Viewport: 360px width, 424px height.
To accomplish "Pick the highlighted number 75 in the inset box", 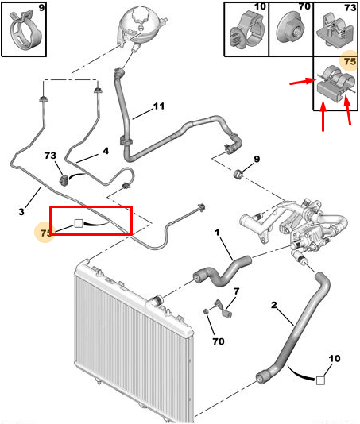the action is click(349, 61).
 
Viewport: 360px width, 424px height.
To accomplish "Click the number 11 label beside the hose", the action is click(159, 106).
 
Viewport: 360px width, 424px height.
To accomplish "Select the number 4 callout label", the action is click(106, 151).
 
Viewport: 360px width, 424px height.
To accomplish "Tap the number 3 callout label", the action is click(21, 211).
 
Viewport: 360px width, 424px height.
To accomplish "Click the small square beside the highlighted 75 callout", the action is click(79, 223).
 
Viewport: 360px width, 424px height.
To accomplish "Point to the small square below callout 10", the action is click(320, 380).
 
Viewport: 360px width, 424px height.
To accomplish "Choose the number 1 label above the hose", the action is click(217, 233).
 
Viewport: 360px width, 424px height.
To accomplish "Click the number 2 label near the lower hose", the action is click(274, 305).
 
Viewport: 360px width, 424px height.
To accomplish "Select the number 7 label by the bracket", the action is click(237, 291).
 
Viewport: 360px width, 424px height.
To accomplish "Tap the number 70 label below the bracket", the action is click(219, 341).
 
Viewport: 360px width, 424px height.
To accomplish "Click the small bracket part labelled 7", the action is click(224, 308).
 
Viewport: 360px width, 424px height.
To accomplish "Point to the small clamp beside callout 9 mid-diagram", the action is click(238, 174).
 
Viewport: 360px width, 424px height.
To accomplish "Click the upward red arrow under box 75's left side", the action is click(323, 115).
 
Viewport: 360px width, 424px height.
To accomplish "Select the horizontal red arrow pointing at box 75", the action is click(303, 82).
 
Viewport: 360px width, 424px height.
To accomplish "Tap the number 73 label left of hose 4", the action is click(50, 156).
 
